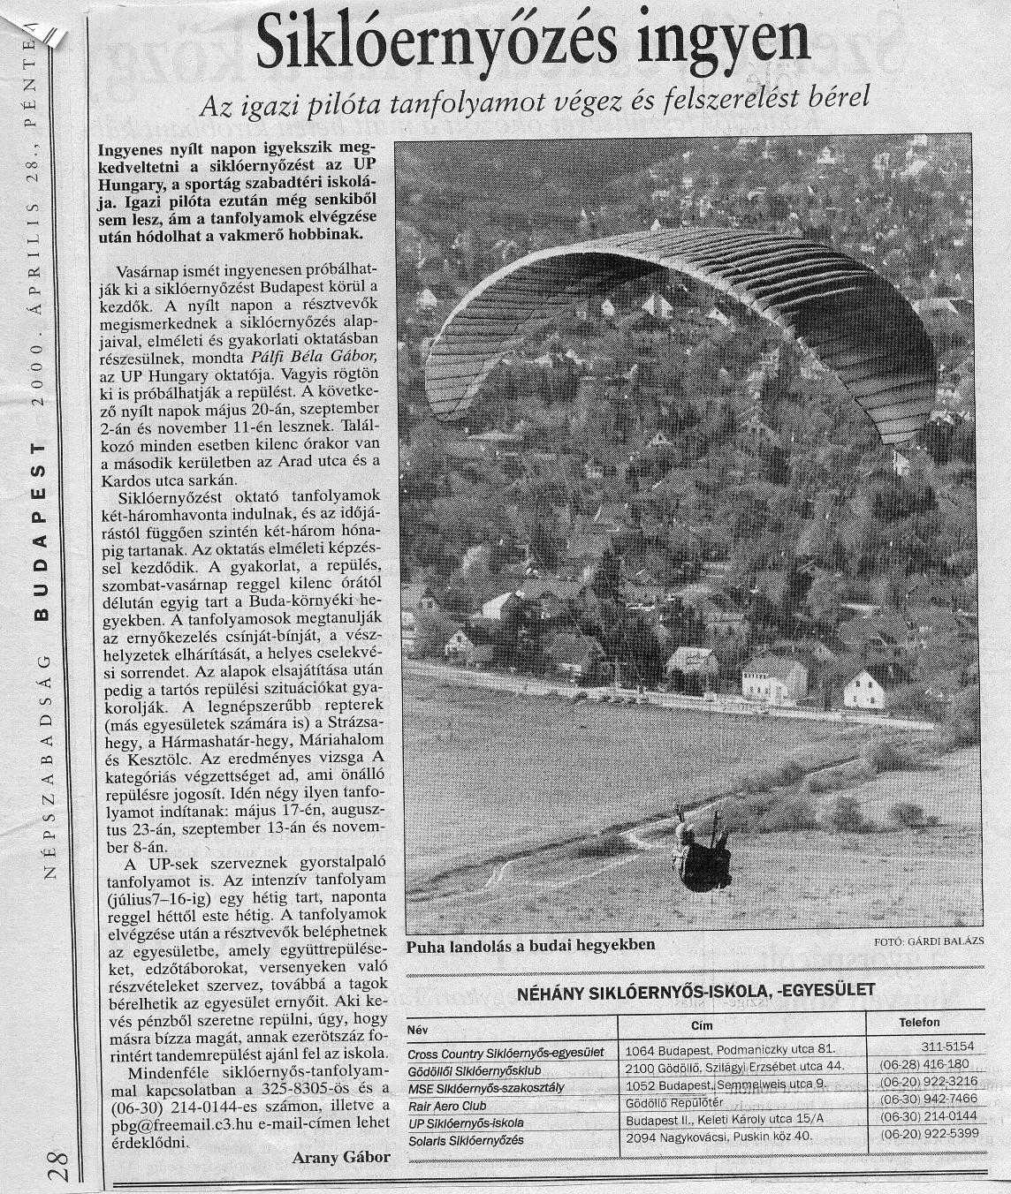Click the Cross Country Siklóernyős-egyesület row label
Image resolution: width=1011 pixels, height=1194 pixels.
coord(505,1053)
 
